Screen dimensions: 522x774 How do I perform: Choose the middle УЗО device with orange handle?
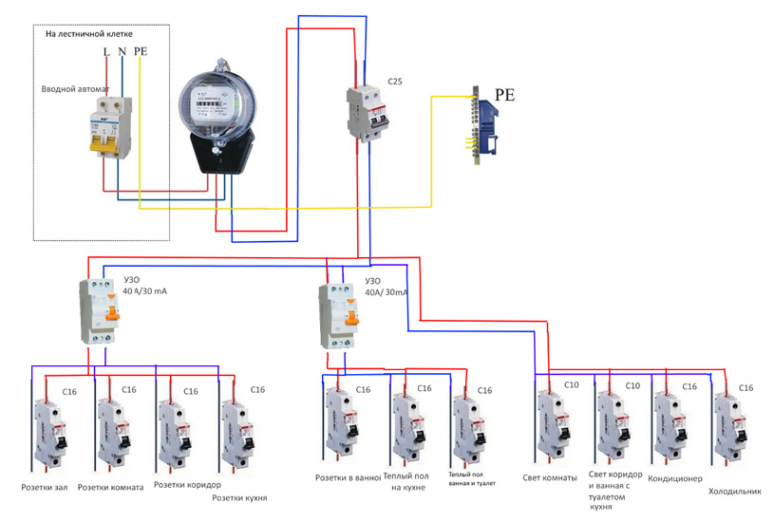click(339, 314)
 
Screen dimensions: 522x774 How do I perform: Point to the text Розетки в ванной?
click(348, 476)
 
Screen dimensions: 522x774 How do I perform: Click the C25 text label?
click(395, 83)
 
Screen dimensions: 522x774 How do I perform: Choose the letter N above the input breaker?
click(122, 51)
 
